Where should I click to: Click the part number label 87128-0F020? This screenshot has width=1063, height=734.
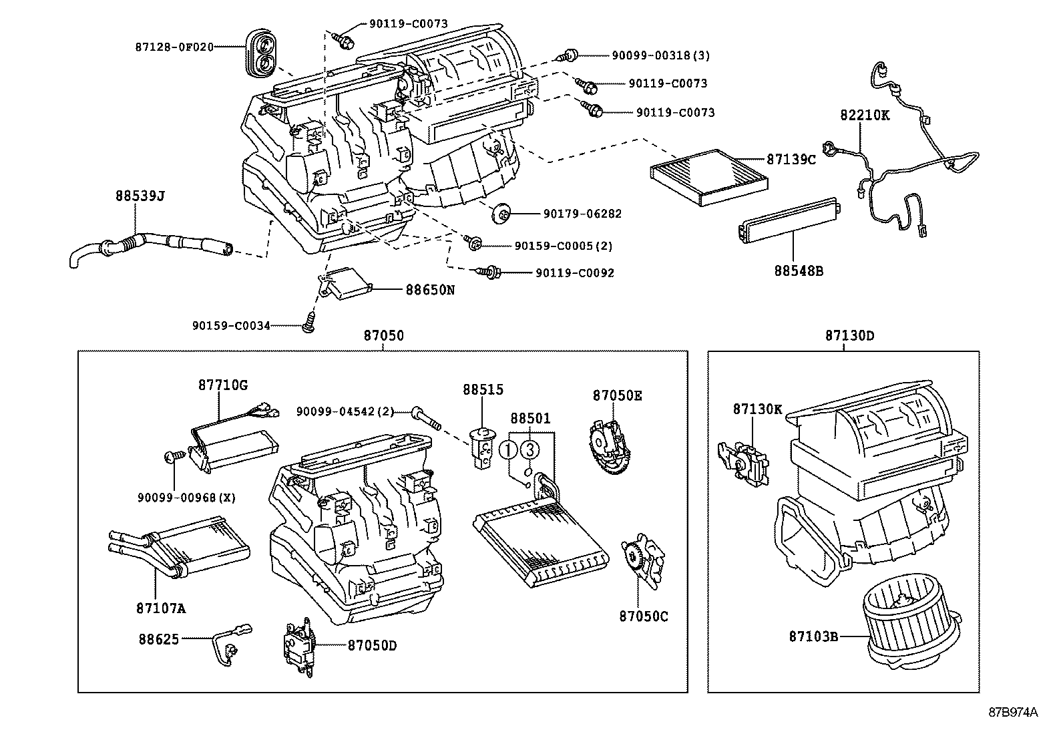[x=174, y=47]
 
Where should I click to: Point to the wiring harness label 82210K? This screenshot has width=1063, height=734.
[x=865, y=115]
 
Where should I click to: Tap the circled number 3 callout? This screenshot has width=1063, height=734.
[x=529, y=449]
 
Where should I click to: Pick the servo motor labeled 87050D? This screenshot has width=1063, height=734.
[x=298, y=647]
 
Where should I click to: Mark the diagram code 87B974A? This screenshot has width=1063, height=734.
[x=1014, y=712]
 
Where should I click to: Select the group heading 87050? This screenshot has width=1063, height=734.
[x=383, y=336]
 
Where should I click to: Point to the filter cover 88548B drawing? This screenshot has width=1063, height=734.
[x=788, y=220]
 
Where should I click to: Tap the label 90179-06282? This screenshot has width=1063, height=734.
[x=582, y=214]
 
